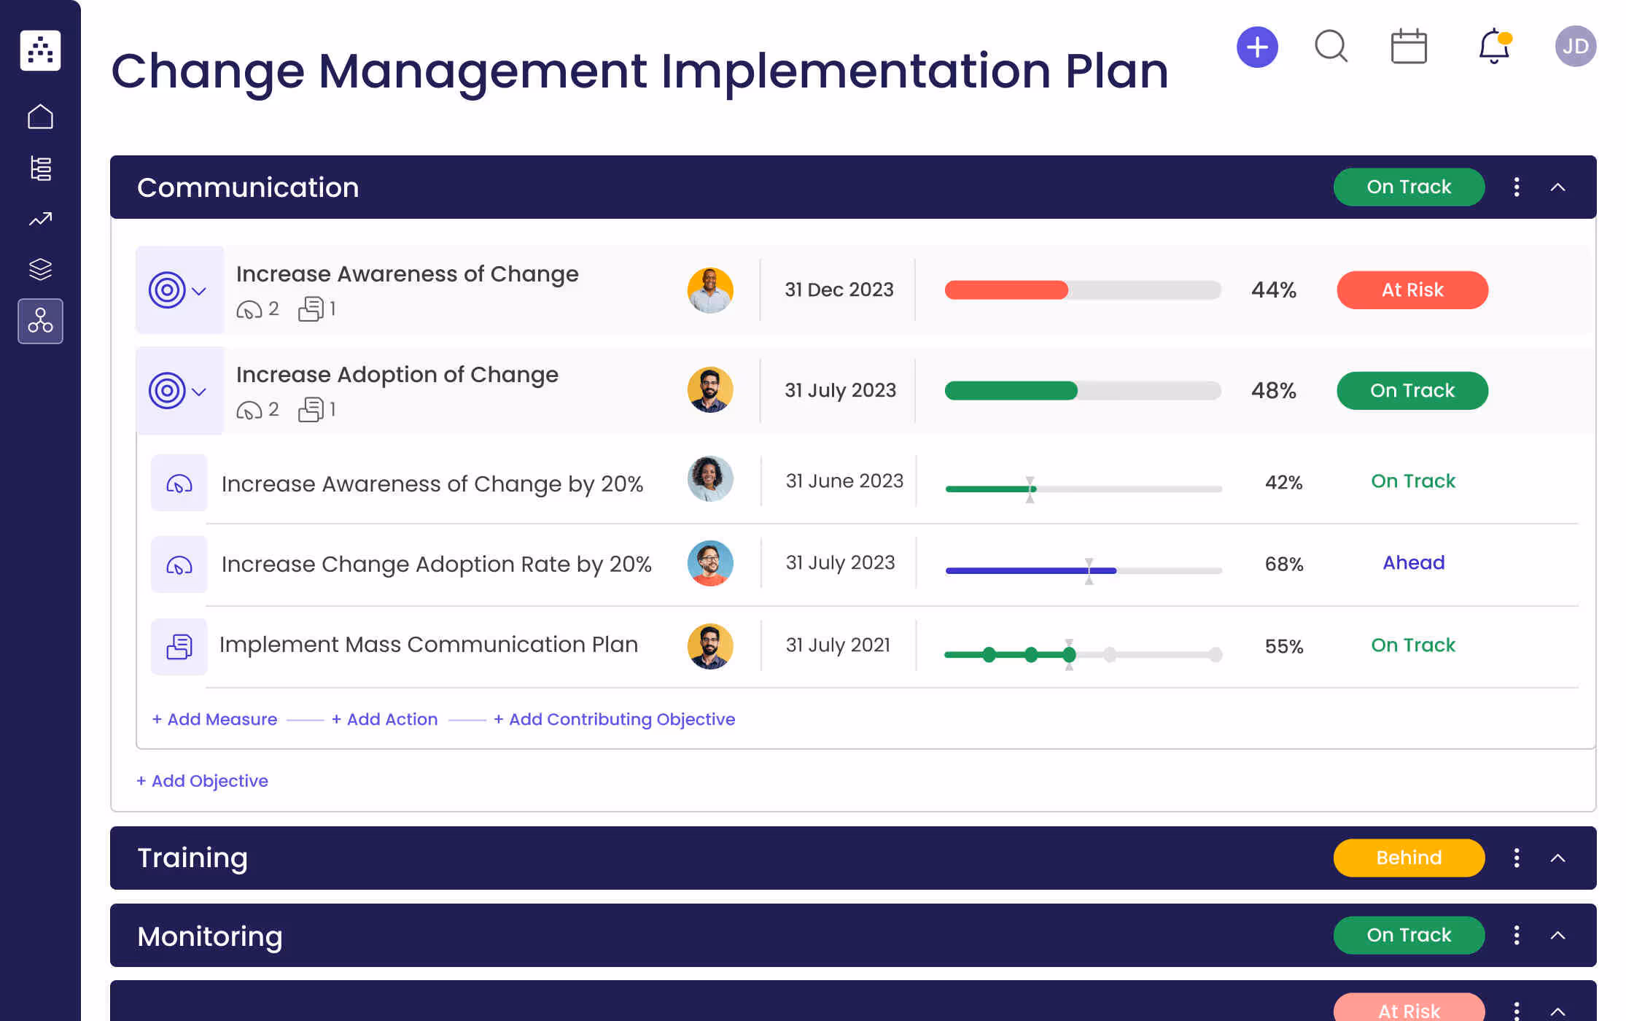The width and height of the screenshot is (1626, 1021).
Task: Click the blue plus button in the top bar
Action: (1257, 47)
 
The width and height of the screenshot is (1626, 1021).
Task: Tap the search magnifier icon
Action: (1331, 47)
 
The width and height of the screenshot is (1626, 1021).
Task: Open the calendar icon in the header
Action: (1408, 47)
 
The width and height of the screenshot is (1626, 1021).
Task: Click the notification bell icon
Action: (1493, 47)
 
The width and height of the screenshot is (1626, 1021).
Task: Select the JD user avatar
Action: (1575, 47)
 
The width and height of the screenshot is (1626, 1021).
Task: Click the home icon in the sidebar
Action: (40, 117)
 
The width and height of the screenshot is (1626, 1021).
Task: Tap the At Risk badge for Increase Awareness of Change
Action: (1412, 290)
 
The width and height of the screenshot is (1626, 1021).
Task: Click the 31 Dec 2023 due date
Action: (839, 290)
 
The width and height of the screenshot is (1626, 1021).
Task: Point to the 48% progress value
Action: (1273, 391)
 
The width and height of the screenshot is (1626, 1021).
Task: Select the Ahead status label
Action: (1413, 563)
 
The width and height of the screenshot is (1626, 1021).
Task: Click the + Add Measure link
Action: (214, 720)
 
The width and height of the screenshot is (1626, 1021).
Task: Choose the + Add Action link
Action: (384, 720)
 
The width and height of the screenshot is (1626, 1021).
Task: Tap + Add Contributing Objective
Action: (614, 720)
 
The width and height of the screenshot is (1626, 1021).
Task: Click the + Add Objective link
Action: (202, 781)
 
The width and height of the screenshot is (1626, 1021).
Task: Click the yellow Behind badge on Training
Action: (1408, 858)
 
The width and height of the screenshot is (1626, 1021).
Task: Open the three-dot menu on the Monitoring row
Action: (1517, 935)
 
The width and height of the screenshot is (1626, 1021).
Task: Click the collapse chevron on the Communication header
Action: (1557, 187)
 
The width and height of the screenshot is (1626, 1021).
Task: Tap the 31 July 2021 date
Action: (838, 645)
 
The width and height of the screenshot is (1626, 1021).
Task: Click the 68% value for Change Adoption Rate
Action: (1283, 564)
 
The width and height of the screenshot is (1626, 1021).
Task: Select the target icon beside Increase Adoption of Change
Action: (167, 392)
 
